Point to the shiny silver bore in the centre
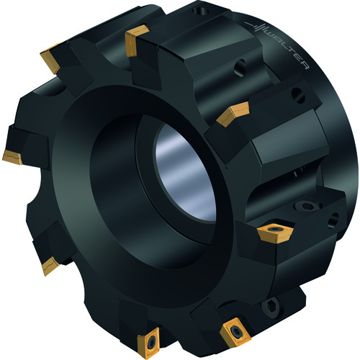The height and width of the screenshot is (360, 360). [185, 172]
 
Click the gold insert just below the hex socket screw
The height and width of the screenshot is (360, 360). [276, 233]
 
